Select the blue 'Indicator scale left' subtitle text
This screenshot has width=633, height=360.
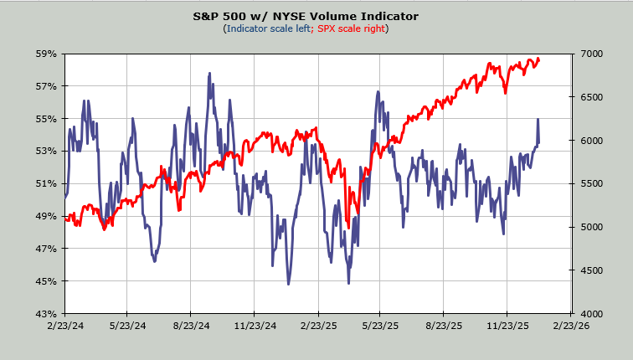pyautogui.click(x=267, y=28)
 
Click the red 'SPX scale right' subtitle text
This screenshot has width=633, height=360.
pyautogui.click(x=352, y=28)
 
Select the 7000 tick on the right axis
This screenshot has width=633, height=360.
pyautogui.click(x=590, y=54)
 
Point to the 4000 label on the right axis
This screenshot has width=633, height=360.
pyautogui.click(x=590, y=313)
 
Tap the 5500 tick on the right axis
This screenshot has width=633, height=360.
pyautogui.click(x=590, y=183)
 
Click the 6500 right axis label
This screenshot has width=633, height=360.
pyautogui.click(x=590, y=97)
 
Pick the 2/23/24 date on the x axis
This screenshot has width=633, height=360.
pyautogui.click(x=64, y=326)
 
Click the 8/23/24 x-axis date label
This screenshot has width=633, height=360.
pyautogui.click(x=191, y=326)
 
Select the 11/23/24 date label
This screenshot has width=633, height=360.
pyautogui.click(x=255, y=326)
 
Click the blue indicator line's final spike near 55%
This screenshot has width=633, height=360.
pyautogui.click(x=538, y=120)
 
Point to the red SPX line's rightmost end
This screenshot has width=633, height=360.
pyautogui.click(x=539, y=59)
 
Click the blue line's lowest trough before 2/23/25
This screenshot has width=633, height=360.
pyautogui.click(x=289, y=284)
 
